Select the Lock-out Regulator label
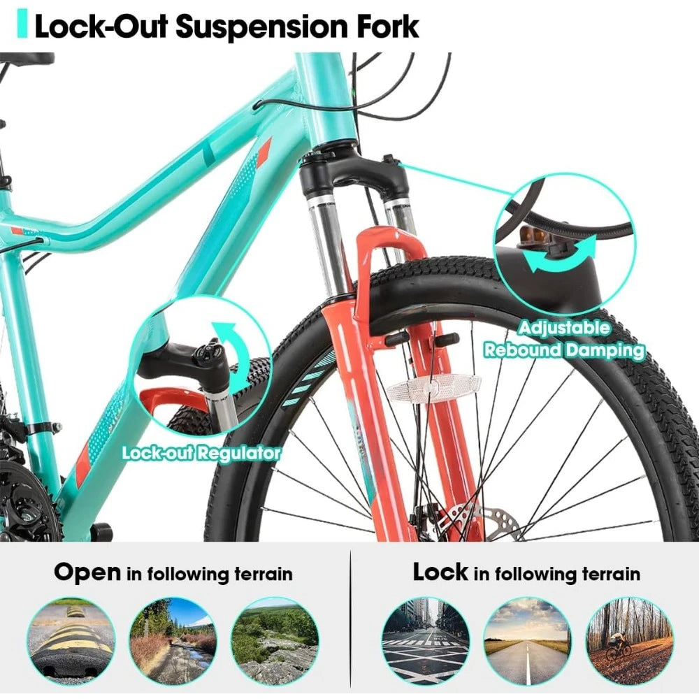[201, 453]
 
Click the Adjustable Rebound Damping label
[564, 339]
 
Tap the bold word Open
[87, 573]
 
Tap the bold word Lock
[440, 572]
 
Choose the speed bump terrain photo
[71, 640]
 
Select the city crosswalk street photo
[426, 640]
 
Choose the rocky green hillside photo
[274, 640]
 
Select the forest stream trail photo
[173, 640]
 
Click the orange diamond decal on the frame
[264, 152]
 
